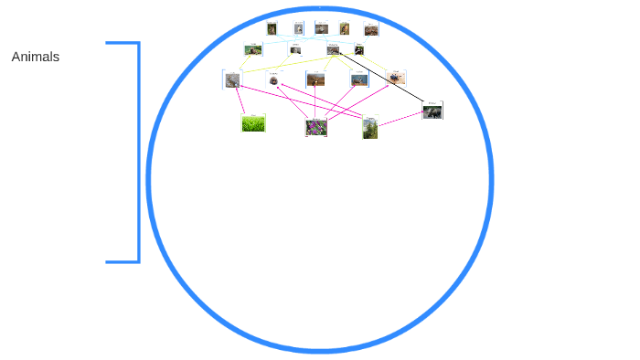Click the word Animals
(x=36, y=57)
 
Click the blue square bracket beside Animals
(x=137, y=152)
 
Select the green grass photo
(x=253, y=123)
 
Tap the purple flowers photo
(x=316, y=127)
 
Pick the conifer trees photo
(x=369, y=128)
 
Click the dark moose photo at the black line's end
(x=432, y=111)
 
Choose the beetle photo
(x=395, y=79)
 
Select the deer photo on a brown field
(x=315, y=79)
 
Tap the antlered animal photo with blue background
(x=359, y=79)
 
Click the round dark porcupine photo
(x=274, y=80)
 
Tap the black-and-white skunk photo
(x=359, y=50)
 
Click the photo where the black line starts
(x=334, y=50)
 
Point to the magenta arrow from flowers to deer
(x=315, y=101)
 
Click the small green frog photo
(x=253, y=50)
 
